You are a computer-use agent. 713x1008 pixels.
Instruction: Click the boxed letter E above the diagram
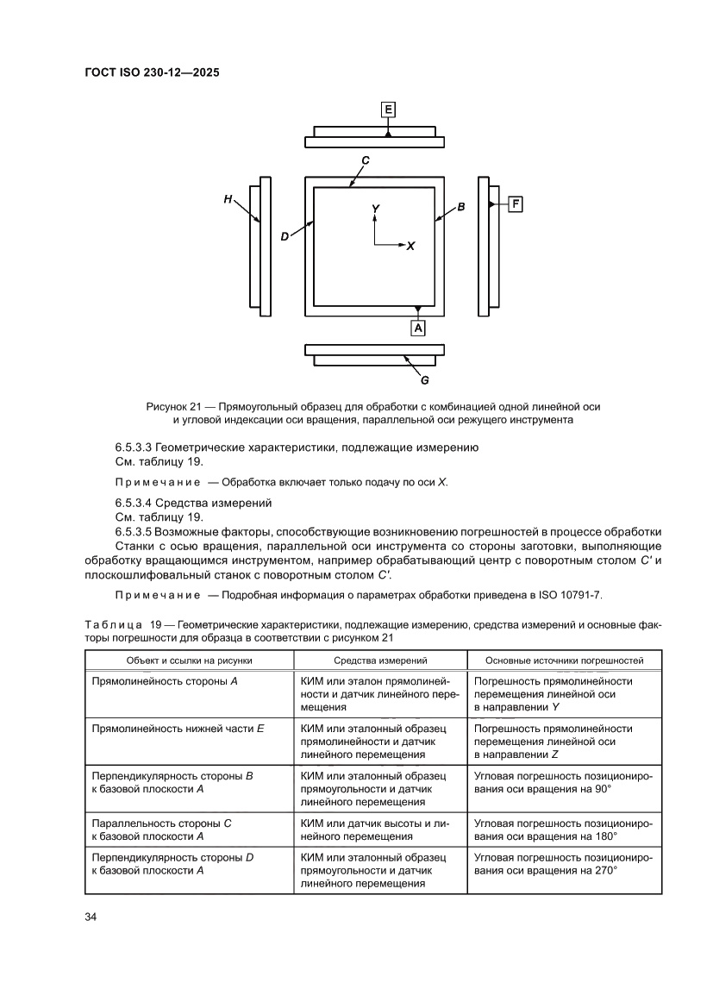(388, 109)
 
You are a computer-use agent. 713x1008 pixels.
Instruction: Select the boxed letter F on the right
(516, 204)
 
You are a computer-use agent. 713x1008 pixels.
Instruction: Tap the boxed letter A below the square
(418, 329)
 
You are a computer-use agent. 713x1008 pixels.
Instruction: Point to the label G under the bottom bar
(424, 379)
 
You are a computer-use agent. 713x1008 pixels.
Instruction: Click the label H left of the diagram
(228, 199)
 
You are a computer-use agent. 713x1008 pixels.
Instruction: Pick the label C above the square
(366, 160)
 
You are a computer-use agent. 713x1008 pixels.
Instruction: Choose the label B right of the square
(461, 207)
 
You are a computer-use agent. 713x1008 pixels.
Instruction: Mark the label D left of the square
(285, 237)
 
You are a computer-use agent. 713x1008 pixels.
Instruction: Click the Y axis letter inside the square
(375, 210)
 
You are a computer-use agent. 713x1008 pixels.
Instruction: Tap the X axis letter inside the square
(411, 246)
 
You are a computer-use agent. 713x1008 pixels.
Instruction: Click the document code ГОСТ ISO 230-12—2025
(152, 73)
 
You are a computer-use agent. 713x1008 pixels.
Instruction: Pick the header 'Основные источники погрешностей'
(565, 661)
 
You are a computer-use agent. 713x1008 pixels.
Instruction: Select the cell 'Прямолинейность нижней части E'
(178, 729)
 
